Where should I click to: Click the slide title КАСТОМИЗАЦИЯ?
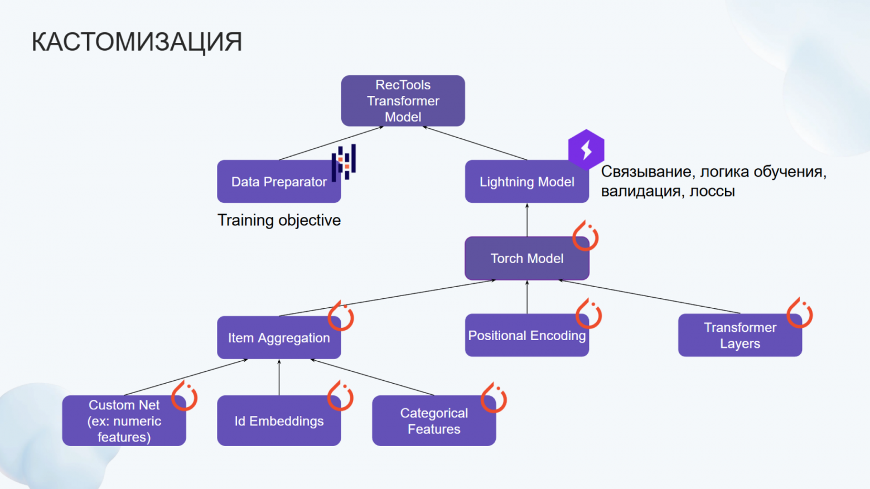click(137, 42)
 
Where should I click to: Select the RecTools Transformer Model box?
click(403, 100)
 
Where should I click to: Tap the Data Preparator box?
click(279, 181)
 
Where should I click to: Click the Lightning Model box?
click(526, 181)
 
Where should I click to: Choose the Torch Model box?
click(526, 258)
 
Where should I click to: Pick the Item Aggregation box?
click(279, 337)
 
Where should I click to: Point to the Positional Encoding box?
click(526, 335)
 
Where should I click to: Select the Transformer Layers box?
click(740, 335)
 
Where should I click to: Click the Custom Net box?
click(124, 420)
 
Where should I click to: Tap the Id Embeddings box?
click(279, 420)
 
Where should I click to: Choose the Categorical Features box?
click(434, 420)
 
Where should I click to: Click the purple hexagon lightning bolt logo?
click(586, 149)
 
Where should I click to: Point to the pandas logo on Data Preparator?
click(344, 162)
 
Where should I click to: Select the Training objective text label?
click(279, 220)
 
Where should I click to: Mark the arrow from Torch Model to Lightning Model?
click(527, 220)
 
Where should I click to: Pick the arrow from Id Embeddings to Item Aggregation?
click(279, 377)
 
